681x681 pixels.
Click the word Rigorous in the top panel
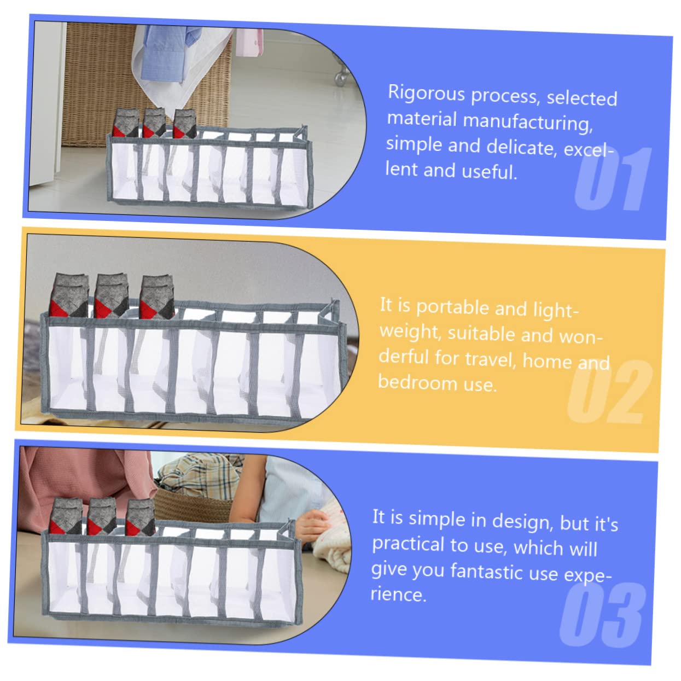[426, 94]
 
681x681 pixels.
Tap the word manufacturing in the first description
[527, 123]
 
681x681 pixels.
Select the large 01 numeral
[613, 179]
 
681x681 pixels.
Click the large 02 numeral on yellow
[609, 392]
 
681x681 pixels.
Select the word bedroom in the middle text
[417, 382]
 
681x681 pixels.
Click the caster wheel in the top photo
[341, 76]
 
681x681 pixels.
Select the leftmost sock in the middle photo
[69, 295]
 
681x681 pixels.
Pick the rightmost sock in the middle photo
[157, 298]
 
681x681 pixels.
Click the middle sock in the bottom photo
[102, 516]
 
